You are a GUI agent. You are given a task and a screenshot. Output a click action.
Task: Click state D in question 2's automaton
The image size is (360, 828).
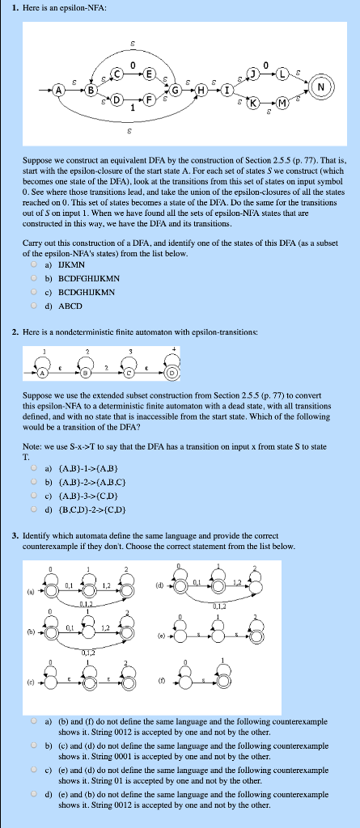click(x=171, y=373)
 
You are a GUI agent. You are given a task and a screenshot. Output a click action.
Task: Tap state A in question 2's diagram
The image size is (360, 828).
click(x=38, y=373)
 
